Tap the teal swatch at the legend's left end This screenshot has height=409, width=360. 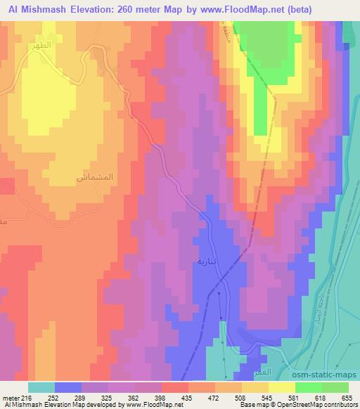pos(41,387)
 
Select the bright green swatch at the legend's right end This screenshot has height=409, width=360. pos(335,387)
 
